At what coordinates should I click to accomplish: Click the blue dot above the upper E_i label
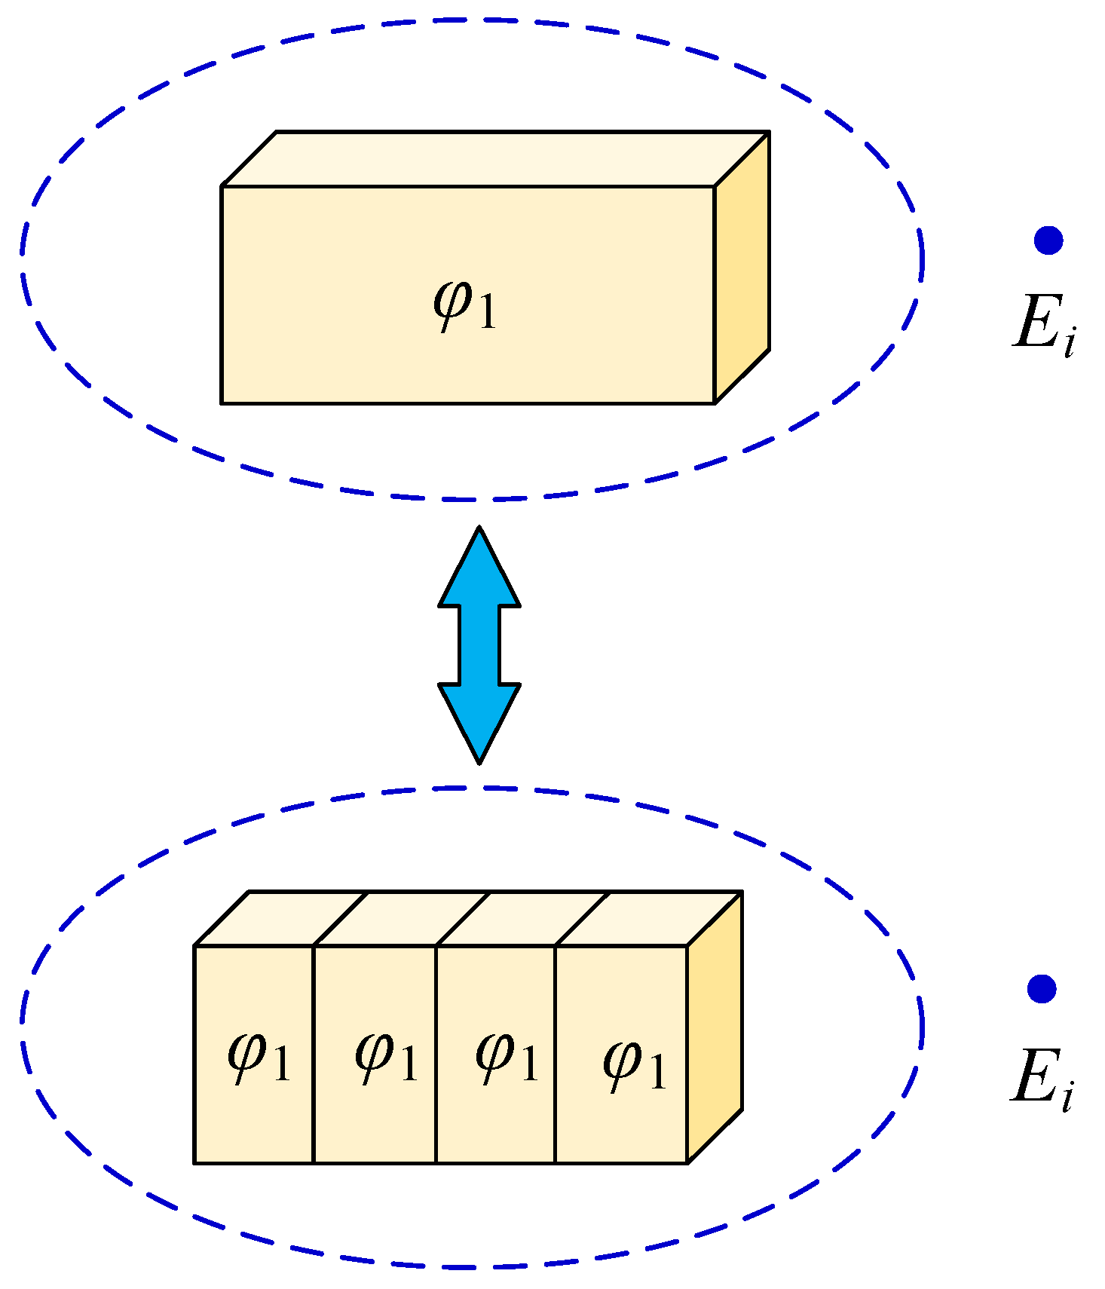(x=1048, y=240)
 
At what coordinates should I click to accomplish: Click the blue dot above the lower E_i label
(x=1042, y=988)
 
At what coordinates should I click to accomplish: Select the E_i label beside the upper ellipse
(x=1044, y=325)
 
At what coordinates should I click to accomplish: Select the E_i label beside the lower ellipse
(x=1041, y=1079)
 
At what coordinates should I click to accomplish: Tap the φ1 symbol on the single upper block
(x=466, y=305)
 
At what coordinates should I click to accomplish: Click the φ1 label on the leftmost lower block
(x=259, y=1056)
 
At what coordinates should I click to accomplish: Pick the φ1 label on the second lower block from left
(x=386, y=1056)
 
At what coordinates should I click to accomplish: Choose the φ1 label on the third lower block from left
(x=507, y=1056)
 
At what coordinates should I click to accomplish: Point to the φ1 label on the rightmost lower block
(x=635, y=1064)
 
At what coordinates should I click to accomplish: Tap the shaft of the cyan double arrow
(x=479, y=644)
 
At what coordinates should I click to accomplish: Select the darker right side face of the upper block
(x=742, y=268)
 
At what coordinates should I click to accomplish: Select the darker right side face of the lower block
(x=715, y=1027)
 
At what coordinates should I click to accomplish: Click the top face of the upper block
(x=495, y=158)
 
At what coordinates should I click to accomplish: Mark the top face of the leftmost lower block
(x=280, y=918)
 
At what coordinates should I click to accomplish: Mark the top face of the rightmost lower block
(x=648, y=918)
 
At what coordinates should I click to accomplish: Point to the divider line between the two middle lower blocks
(x=436, y=1055)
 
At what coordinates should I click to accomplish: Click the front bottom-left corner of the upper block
(x=222, y=403)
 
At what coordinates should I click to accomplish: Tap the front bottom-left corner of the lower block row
(x=194, y=1163)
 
